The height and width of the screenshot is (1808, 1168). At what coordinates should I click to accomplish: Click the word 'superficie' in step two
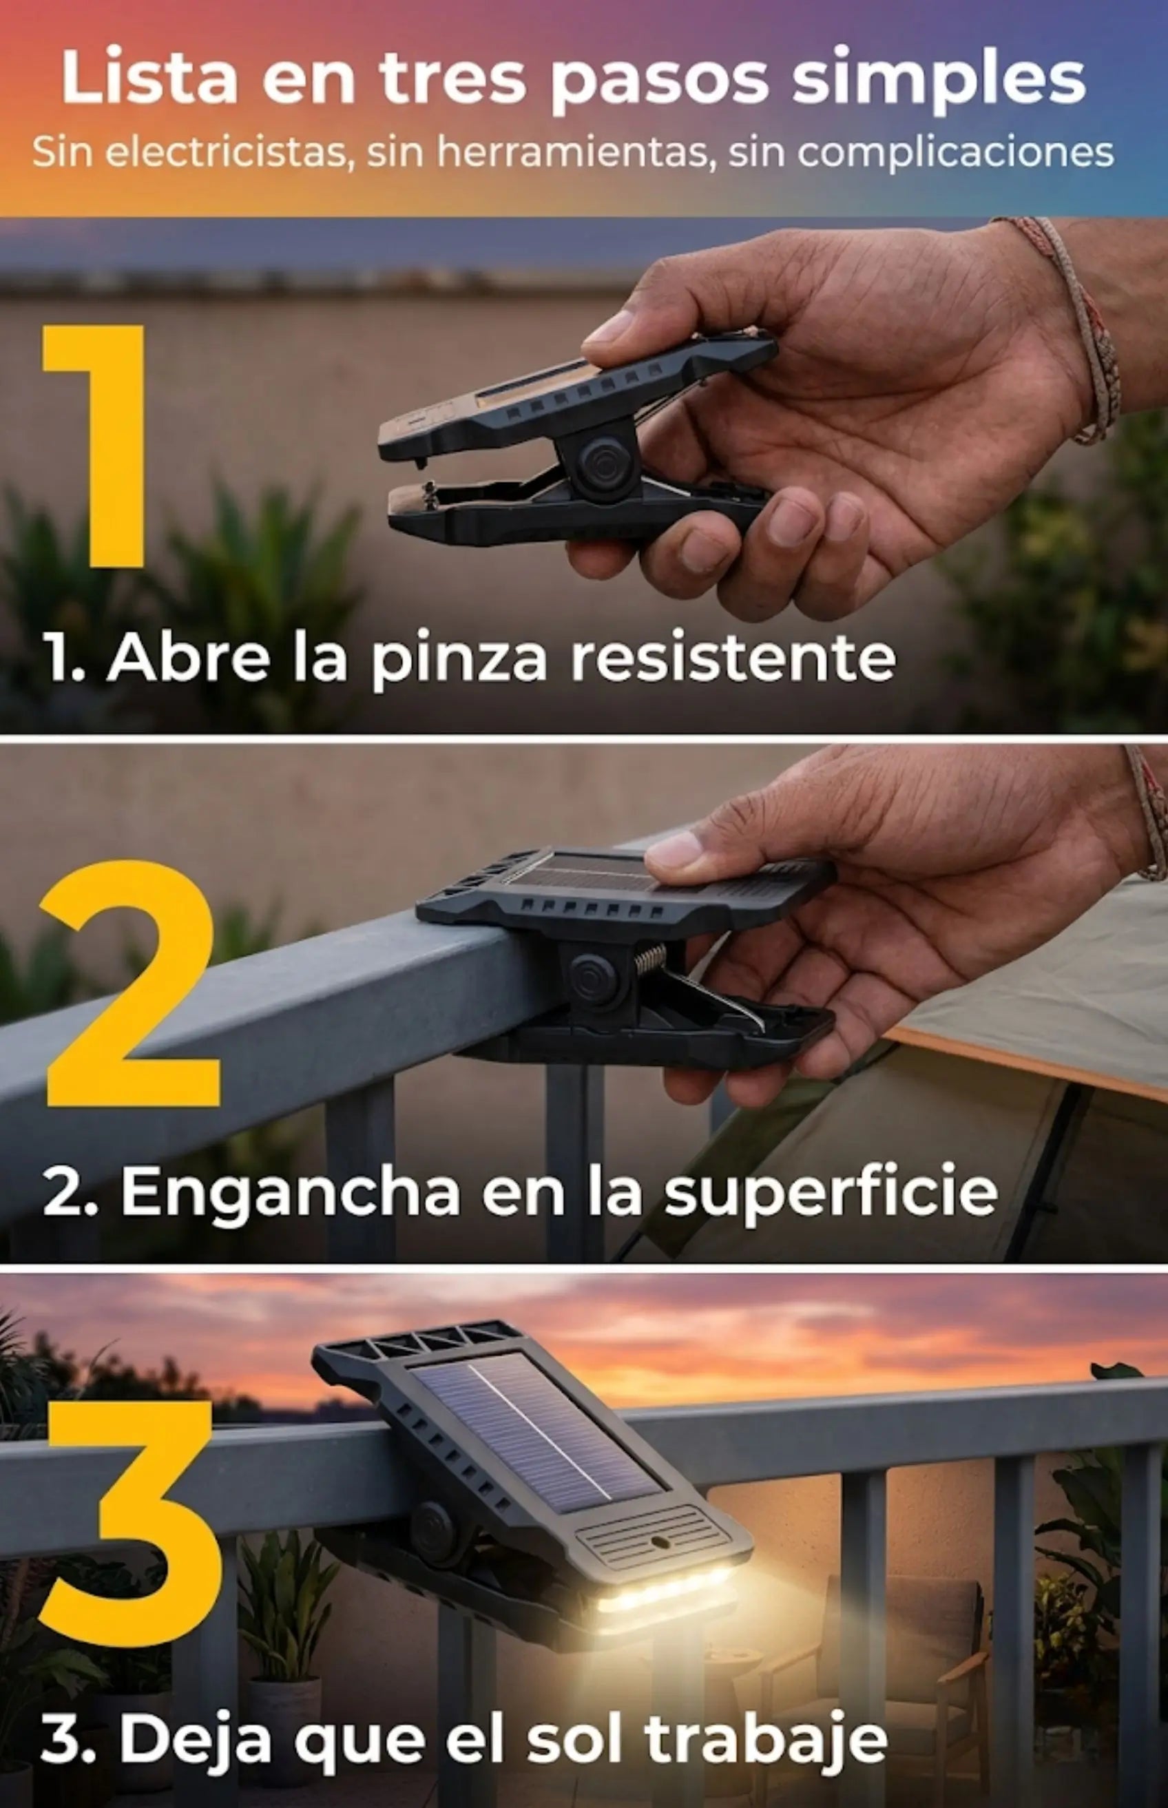coord(831,1193)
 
